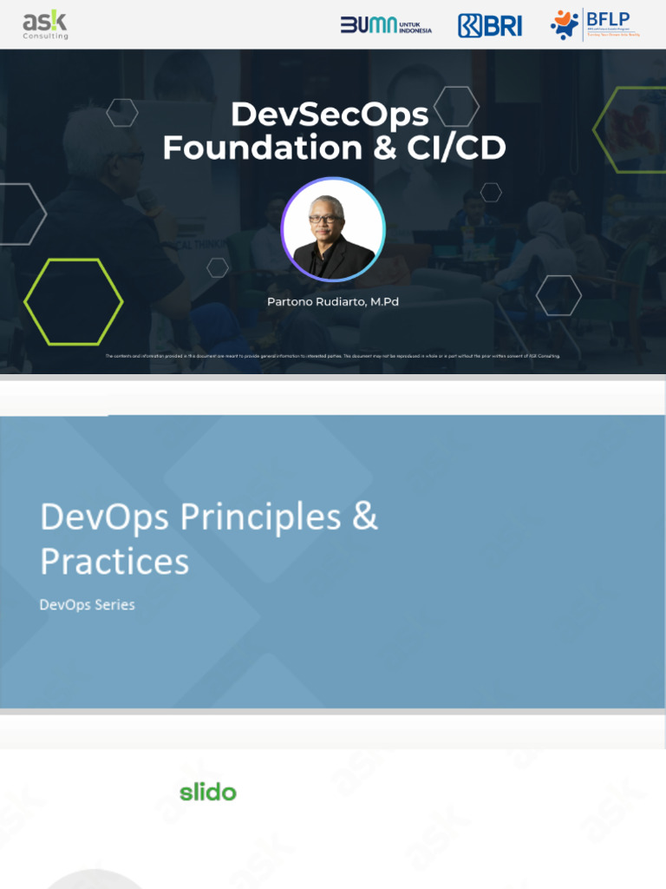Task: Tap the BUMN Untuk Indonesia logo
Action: click(386, 25)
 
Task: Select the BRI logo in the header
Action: click(490, 25)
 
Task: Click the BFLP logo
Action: click(595, 24)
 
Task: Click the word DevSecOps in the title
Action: click(330, 115)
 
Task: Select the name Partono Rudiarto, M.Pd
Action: click(333, 301)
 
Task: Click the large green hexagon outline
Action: click(73, 302)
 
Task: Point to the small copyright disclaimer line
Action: click(333, 356)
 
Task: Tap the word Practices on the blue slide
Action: click(114, 562)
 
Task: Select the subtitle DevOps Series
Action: click(88, 604)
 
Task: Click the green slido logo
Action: click(208, 792)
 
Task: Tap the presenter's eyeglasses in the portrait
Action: click(325, 219)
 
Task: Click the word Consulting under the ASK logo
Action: click(45, 36)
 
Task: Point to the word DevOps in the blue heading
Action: click(104, 517)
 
